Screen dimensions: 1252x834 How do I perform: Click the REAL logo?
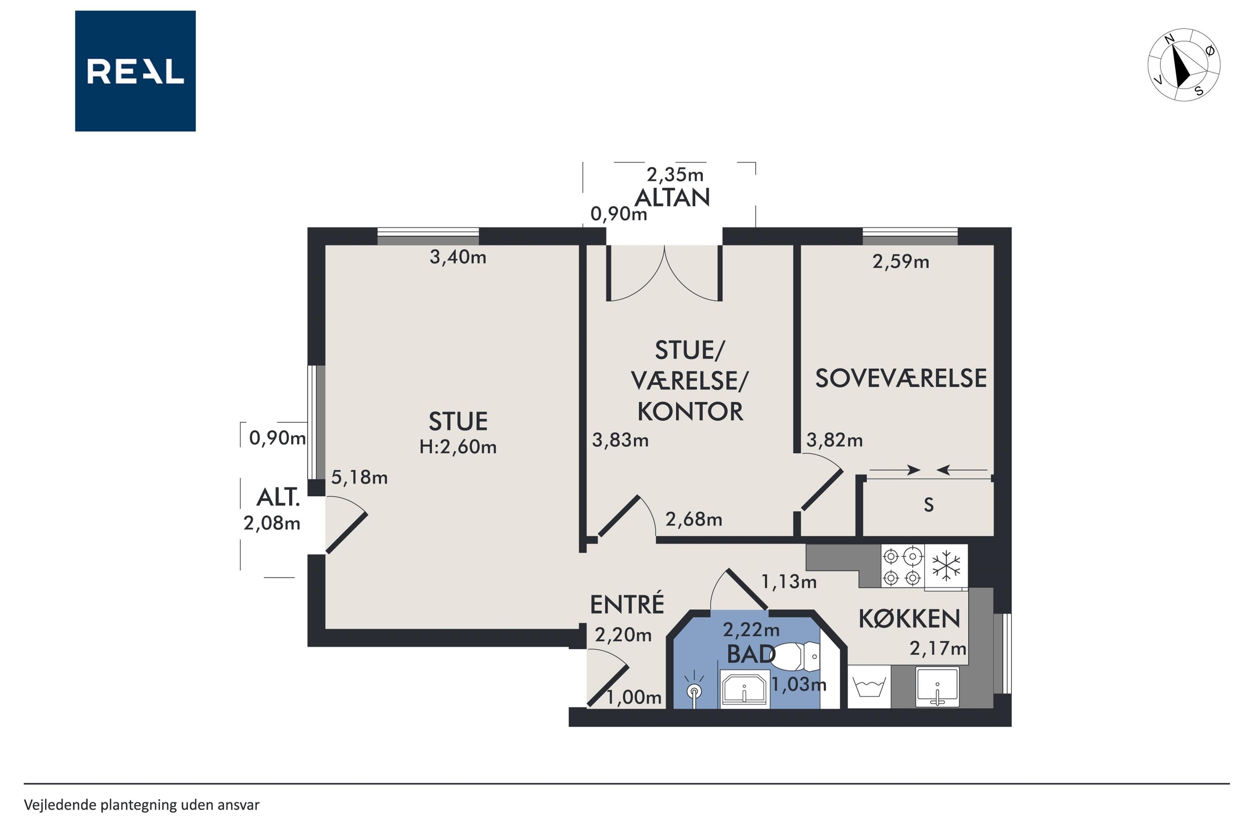[135, 71]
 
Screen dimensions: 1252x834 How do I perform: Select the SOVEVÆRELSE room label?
[901, 378]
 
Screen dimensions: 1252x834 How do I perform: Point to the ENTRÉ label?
[627, 604]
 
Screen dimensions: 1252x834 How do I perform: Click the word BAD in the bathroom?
[751, 654]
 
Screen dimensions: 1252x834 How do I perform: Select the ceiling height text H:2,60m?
[457, 447]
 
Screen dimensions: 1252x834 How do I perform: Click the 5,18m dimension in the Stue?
[359, 477]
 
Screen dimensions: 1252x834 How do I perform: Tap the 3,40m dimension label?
[457, 257]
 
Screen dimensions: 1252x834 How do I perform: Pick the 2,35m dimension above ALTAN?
[675, 174]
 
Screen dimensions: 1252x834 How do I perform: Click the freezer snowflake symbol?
[946, 565]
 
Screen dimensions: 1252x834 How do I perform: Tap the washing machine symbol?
[869, 686]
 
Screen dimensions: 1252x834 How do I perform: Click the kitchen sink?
[937, 687]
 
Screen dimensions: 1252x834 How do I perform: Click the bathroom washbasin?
[745, 689]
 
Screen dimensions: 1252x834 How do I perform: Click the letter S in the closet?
[929, 504]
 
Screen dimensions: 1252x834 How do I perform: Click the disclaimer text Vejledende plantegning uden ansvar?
[141, 805]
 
